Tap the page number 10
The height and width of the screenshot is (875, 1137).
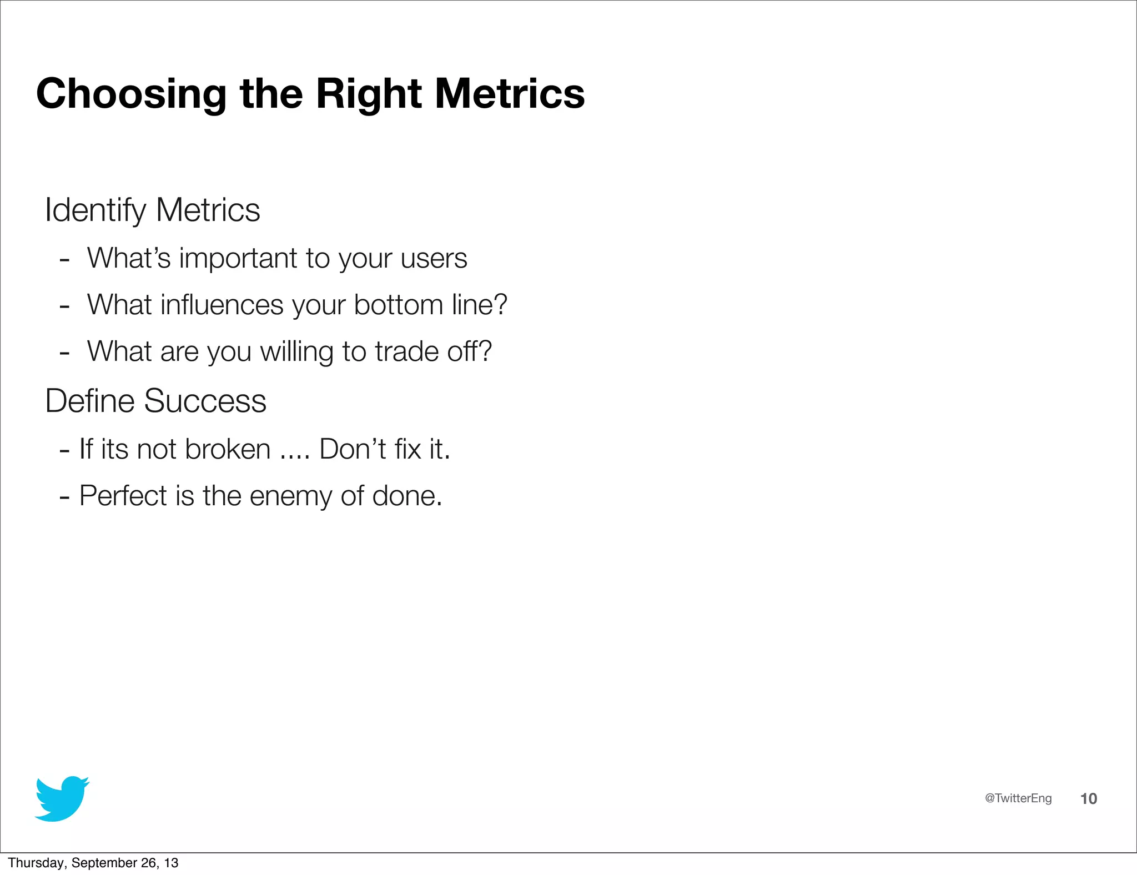(x=1088, y=799)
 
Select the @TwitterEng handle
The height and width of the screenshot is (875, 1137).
(x=1018, y=798)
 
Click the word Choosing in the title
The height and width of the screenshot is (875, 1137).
(x=131, y=94)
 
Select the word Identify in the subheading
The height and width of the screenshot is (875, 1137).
(x=95, y=211)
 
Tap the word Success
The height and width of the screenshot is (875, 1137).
(x=205, y=401)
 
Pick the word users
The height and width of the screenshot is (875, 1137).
(x=434, y=259)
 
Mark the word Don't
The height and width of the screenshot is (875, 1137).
(x=353, y=449)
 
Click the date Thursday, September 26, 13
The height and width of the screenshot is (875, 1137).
(x=93, y=863)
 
